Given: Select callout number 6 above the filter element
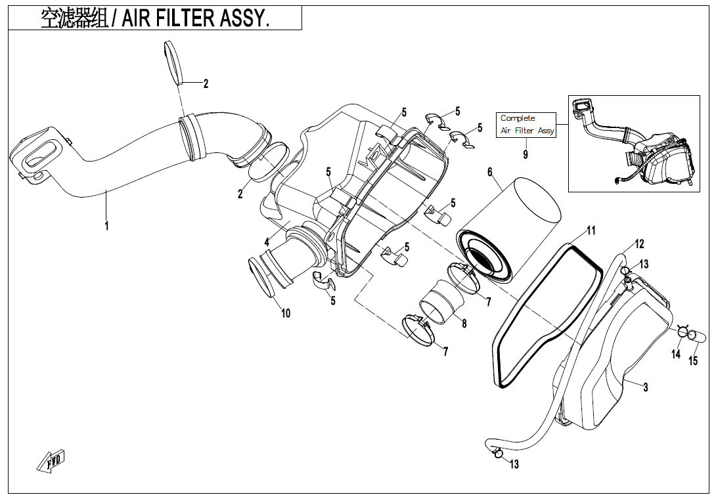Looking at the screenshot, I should [490, 172].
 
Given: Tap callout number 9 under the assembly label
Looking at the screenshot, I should [526, 154].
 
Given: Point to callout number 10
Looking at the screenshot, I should [286, 313].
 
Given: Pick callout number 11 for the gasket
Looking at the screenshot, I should [591, 230].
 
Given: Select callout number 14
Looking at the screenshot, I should [676, 355].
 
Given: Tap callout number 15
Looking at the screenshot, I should [693, 360].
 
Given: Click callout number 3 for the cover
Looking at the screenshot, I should [646, 387].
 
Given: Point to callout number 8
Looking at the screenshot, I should [464, 323].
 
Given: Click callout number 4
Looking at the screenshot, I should [267, 242].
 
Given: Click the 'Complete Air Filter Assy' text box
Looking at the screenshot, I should [527, 124].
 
